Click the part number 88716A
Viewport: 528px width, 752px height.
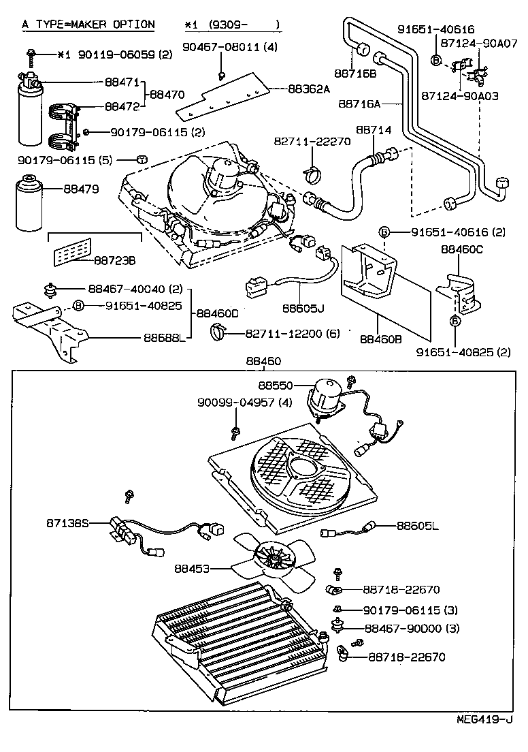coord(359,104)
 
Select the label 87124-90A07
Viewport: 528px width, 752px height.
coord(484,43)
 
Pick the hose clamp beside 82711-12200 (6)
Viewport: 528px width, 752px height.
coord(219,333)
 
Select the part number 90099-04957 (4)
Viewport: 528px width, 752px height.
coord(235,403)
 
